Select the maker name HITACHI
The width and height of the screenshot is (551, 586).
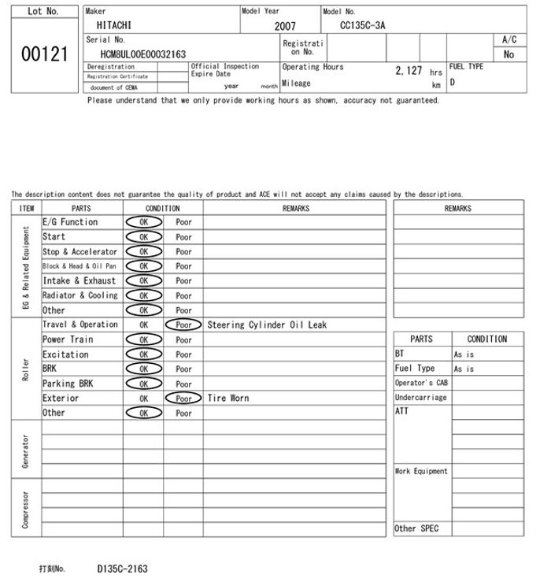pos(109,25)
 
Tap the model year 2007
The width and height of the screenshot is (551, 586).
pos(285,26)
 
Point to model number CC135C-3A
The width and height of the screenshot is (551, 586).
pos(363,25)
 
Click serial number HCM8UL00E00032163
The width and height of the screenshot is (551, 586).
pos(143,54)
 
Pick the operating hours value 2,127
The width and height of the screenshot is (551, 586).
pos(409,70)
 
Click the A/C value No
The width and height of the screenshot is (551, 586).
pos(508,54)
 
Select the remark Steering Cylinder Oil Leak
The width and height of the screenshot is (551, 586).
pos(267,325)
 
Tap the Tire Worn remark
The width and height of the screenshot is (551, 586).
pos(228,398)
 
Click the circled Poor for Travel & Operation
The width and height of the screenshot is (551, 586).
pos(183,325)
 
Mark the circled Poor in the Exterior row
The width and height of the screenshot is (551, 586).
pos(183,398)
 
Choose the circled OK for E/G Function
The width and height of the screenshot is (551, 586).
pos(143,222)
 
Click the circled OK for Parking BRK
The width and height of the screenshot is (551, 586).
pos(143,384)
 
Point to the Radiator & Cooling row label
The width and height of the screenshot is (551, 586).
pos(80,295)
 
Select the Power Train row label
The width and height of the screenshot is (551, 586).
pos(68,339)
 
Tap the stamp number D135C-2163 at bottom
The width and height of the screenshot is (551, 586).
pos(122,568)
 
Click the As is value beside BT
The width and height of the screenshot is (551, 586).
pos(464,354)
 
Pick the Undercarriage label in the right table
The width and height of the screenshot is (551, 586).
pos(421,398)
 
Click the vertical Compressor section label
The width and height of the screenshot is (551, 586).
pos(26,509)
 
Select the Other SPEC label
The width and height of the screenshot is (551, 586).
pos(416,529)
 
